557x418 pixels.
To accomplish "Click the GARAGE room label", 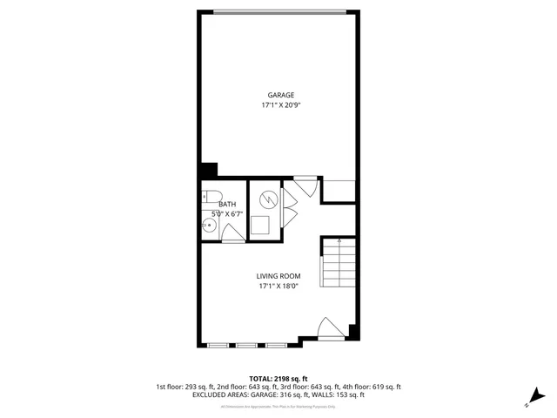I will [279, 95].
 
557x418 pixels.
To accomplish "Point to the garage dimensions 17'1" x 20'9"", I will [279, 104].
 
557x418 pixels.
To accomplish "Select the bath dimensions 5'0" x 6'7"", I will [226, 213].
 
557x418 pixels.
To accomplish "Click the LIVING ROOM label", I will [278, 276].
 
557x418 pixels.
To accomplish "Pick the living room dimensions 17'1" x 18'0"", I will [278, 286].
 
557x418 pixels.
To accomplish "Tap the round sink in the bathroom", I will [209, 227].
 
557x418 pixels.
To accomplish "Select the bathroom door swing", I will [232, 233].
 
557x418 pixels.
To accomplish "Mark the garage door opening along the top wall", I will [279, 11].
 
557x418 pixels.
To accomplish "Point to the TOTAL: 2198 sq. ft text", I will [278, 379].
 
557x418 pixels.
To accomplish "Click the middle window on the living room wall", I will [246, 345].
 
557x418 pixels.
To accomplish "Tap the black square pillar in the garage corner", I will [209, 170].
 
